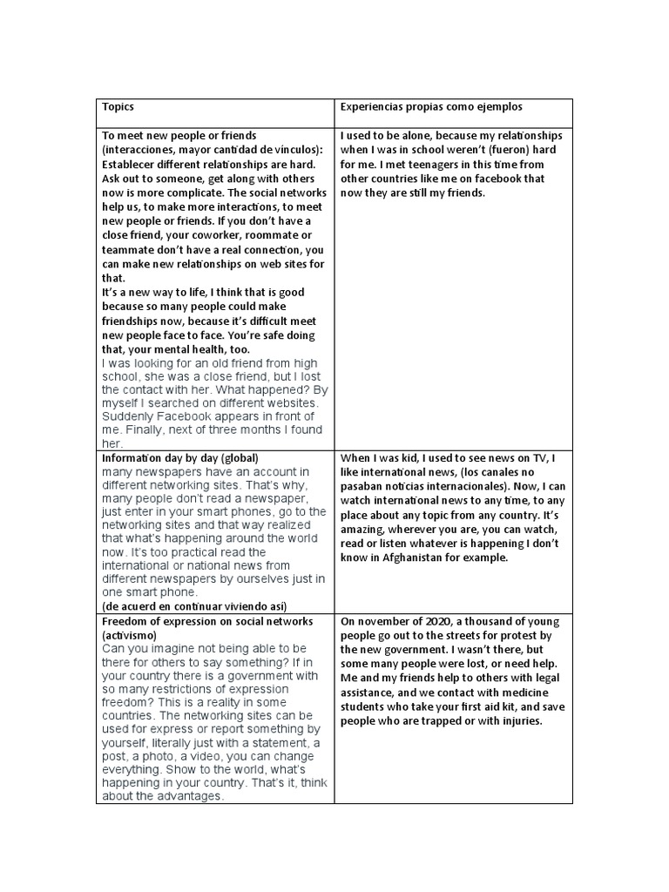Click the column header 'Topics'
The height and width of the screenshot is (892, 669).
click(118, 106)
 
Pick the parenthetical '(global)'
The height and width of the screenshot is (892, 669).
click(239, 457)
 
